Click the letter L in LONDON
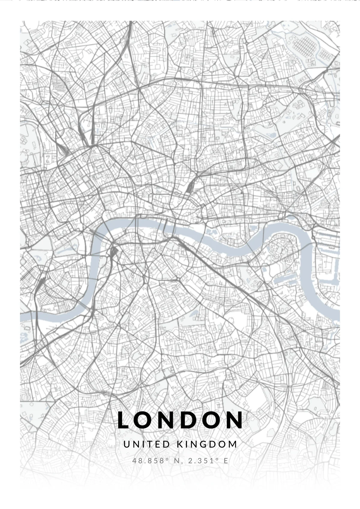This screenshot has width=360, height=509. point(123,420)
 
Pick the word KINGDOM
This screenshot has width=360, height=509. point(207,444)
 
